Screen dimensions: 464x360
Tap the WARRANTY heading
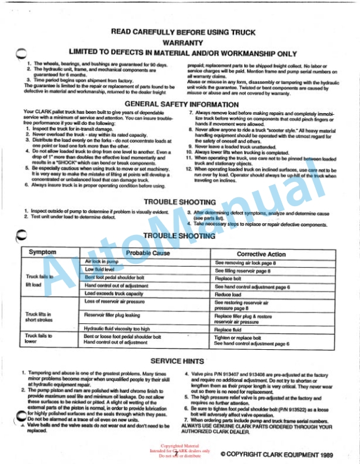pyautogui.click(x=183, y=42)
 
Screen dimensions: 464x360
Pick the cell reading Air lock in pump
pyautogui.click(x=103, y=260)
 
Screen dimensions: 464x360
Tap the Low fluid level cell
pyautogui.click(x=100, y=269)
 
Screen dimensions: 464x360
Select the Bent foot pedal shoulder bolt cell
pyautogui.click(x=115, y=277)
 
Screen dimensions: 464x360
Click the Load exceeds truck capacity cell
pyautogui.click(x=114, y=293)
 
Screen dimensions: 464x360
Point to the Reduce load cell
pyautogui.click(x=228, y=294)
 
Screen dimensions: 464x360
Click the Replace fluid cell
pyautogui.click(x=228, y=330)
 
